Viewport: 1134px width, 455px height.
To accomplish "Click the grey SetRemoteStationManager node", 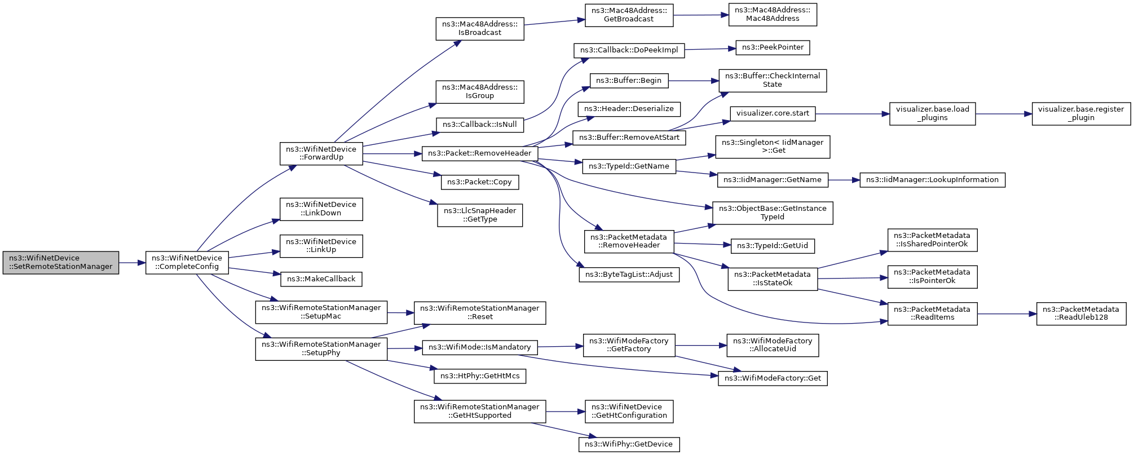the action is tap(61, 263).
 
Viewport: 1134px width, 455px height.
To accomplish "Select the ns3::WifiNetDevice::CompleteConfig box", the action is tap(187, 263).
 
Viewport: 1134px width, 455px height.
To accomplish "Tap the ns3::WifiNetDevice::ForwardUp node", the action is tap(321, 153).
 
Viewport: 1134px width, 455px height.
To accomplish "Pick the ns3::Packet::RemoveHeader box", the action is tap(480, 153).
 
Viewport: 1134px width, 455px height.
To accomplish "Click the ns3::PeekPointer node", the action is tap(773, 48).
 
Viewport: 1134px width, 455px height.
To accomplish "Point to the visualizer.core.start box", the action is tap(773, 113).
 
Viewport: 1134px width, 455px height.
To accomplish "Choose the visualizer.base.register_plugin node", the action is tap(1081, 113).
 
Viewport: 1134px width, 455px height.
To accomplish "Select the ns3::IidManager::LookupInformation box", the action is tap(932, 180).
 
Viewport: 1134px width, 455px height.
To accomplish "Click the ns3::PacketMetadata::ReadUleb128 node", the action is tap(1081, 313).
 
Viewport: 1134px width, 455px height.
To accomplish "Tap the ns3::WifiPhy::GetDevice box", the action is tap(629, 444).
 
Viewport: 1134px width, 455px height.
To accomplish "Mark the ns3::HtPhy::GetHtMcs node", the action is tap(480, 376).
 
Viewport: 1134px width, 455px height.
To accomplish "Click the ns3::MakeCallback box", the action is tap(321, 279).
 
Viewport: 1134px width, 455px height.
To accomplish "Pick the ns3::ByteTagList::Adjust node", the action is tap(629, 275).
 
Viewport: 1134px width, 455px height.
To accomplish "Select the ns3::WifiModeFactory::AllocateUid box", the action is tap(773, 345).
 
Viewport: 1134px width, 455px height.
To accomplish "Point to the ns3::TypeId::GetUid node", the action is tap(773, 246).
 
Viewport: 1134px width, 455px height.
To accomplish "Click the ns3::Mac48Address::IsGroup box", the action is tap(480, 92).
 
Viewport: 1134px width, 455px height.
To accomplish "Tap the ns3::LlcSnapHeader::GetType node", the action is tap(480, 215).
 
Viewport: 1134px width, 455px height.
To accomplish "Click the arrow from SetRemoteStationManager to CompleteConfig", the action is tap(133, 263).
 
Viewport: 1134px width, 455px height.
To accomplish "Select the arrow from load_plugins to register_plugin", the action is tap(1004, 114).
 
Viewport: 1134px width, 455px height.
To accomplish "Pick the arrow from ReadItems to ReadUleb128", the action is tap(1007, 314).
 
